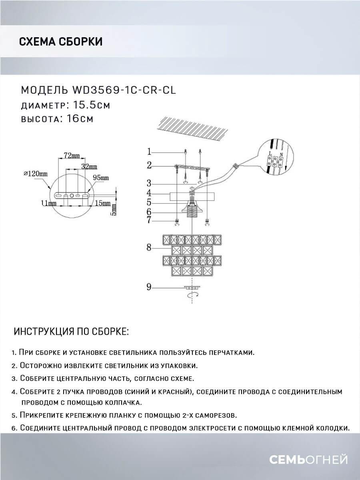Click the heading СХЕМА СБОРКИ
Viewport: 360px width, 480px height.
click(60, 41)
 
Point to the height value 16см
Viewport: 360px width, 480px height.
click(78, 119)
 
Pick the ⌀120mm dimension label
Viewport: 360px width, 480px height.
click(36, 174)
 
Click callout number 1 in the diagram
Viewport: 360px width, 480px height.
click(149, 152)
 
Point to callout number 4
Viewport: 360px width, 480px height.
click(149, 193)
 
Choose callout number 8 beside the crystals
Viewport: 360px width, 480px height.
click(149, 248)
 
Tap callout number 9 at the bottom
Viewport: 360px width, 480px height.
click(149, 287)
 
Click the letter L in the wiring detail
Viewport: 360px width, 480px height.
click(270, 153)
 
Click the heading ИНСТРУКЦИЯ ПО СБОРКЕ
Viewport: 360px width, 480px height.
click(71, 332)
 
